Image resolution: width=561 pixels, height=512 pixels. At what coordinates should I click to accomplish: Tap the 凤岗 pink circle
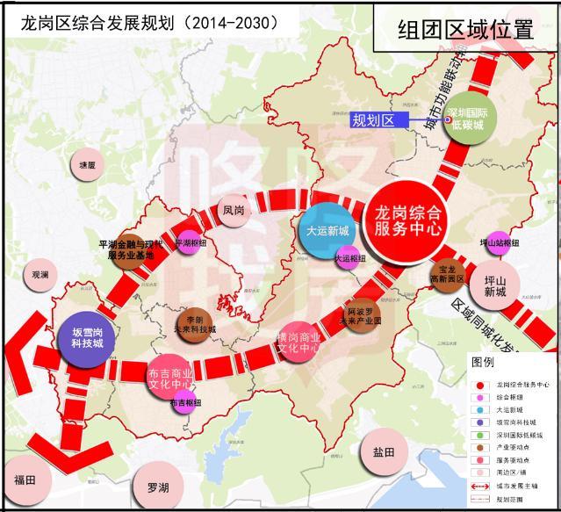tap(233, 211)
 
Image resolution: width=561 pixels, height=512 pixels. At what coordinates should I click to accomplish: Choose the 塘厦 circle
tap(86, 165)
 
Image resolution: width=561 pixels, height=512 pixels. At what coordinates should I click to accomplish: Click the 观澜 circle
tap(41, 275)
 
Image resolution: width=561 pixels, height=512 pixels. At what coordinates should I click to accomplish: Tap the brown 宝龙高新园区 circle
tap(448, 274)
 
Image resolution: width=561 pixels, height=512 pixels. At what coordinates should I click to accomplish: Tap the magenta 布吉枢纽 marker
tap(183, 403)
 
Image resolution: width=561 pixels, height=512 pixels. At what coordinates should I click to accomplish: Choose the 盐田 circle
tap(384, 452)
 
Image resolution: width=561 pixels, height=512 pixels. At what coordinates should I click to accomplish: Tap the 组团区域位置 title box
tap(464, 29)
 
